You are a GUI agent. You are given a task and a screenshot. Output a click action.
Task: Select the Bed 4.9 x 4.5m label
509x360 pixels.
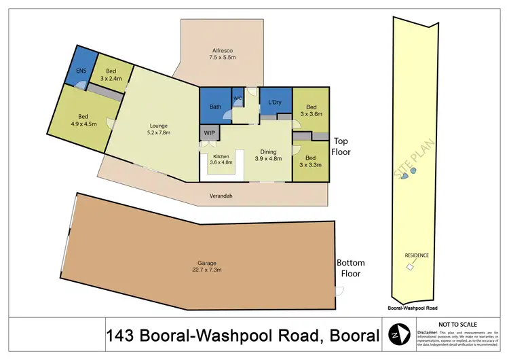(x=83, y=120)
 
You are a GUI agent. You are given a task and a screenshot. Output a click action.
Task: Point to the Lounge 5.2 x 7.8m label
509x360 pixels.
(x=158, y=129)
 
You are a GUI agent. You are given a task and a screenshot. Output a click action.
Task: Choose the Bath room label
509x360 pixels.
(x=215, y=107)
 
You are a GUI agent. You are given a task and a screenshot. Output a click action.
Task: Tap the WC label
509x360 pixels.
(x=238, y=98)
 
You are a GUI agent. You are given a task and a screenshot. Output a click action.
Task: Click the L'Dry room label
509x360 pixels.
(x=275, y=103)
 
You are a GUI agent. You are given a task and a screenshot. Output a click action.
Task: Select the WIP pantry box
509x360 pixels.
(x=208, y=133)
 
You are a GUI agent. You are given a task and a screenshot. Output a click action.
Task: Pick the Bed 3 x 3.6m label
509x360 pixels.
(x=311, y=111)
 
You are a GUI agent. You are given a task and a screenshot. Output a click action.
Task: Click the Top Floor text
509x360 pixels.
(x=341, y=147)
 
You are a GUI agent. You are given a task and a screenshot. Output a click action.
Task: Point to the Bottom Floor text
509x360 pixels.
(x=350, y=268)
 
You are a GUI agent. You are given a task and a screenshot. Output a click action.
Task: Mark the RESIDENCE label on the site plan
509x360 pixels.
(x=417, y=255)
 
